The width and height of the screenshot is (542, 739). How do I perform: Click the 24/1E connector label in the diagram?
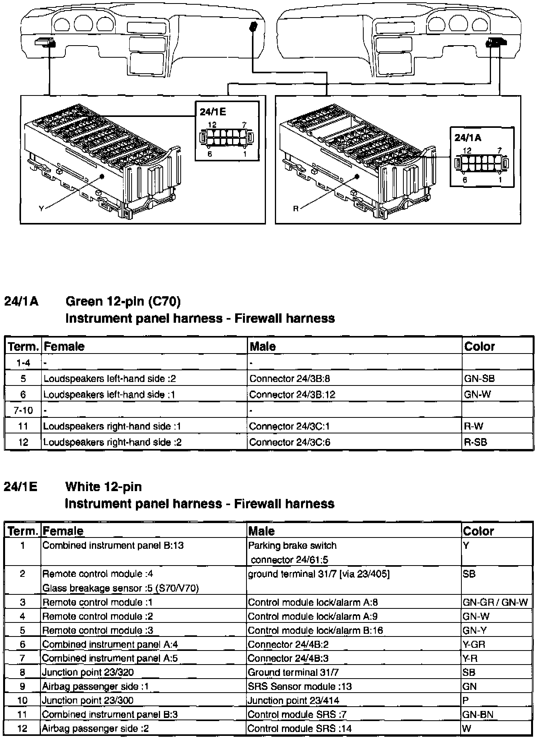213,112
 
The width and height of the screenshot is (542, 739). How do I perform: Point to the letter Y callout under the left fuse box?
41,209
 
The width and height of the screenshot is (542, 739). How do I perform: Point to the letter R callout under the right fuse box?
296,209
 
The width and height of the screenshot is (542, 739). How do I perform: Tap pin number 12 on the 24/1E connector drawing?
212,125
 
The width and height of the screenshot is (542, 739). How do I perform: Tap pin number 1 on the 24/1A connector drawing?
500,180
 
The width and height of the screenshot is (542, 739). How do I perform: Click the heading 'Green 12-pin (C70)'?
123,301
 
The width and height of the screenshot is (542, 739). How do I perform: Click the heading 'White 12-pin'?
103,486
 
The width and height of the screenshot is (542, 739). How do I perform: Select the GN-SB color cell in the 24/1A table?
479,378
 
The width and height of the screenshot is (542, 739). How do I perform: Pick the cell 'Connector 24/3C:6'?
290,442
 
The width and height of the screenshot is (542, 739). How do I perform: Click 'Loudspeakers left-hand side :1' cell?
109,394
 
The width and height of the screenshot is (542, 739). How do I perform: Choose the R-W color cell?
473,426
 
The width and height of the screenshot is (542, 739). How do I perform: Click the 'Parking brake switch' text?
292,545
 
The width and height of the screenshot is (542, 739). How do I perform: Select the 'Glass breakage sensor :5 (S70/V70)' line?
120,588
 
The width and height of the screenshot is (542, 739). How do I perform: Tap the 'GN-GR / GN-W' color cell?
495,602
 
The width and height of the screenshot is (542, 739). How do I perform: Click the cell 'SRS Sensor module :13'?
300,686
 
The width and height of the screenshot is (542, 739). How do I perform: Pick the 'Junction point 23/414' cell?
293,700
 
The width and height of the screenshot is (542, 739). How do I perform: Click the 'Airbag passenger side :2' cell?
95,728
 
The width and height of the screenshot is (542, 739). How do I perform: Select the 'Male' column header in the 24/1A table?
263,346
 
